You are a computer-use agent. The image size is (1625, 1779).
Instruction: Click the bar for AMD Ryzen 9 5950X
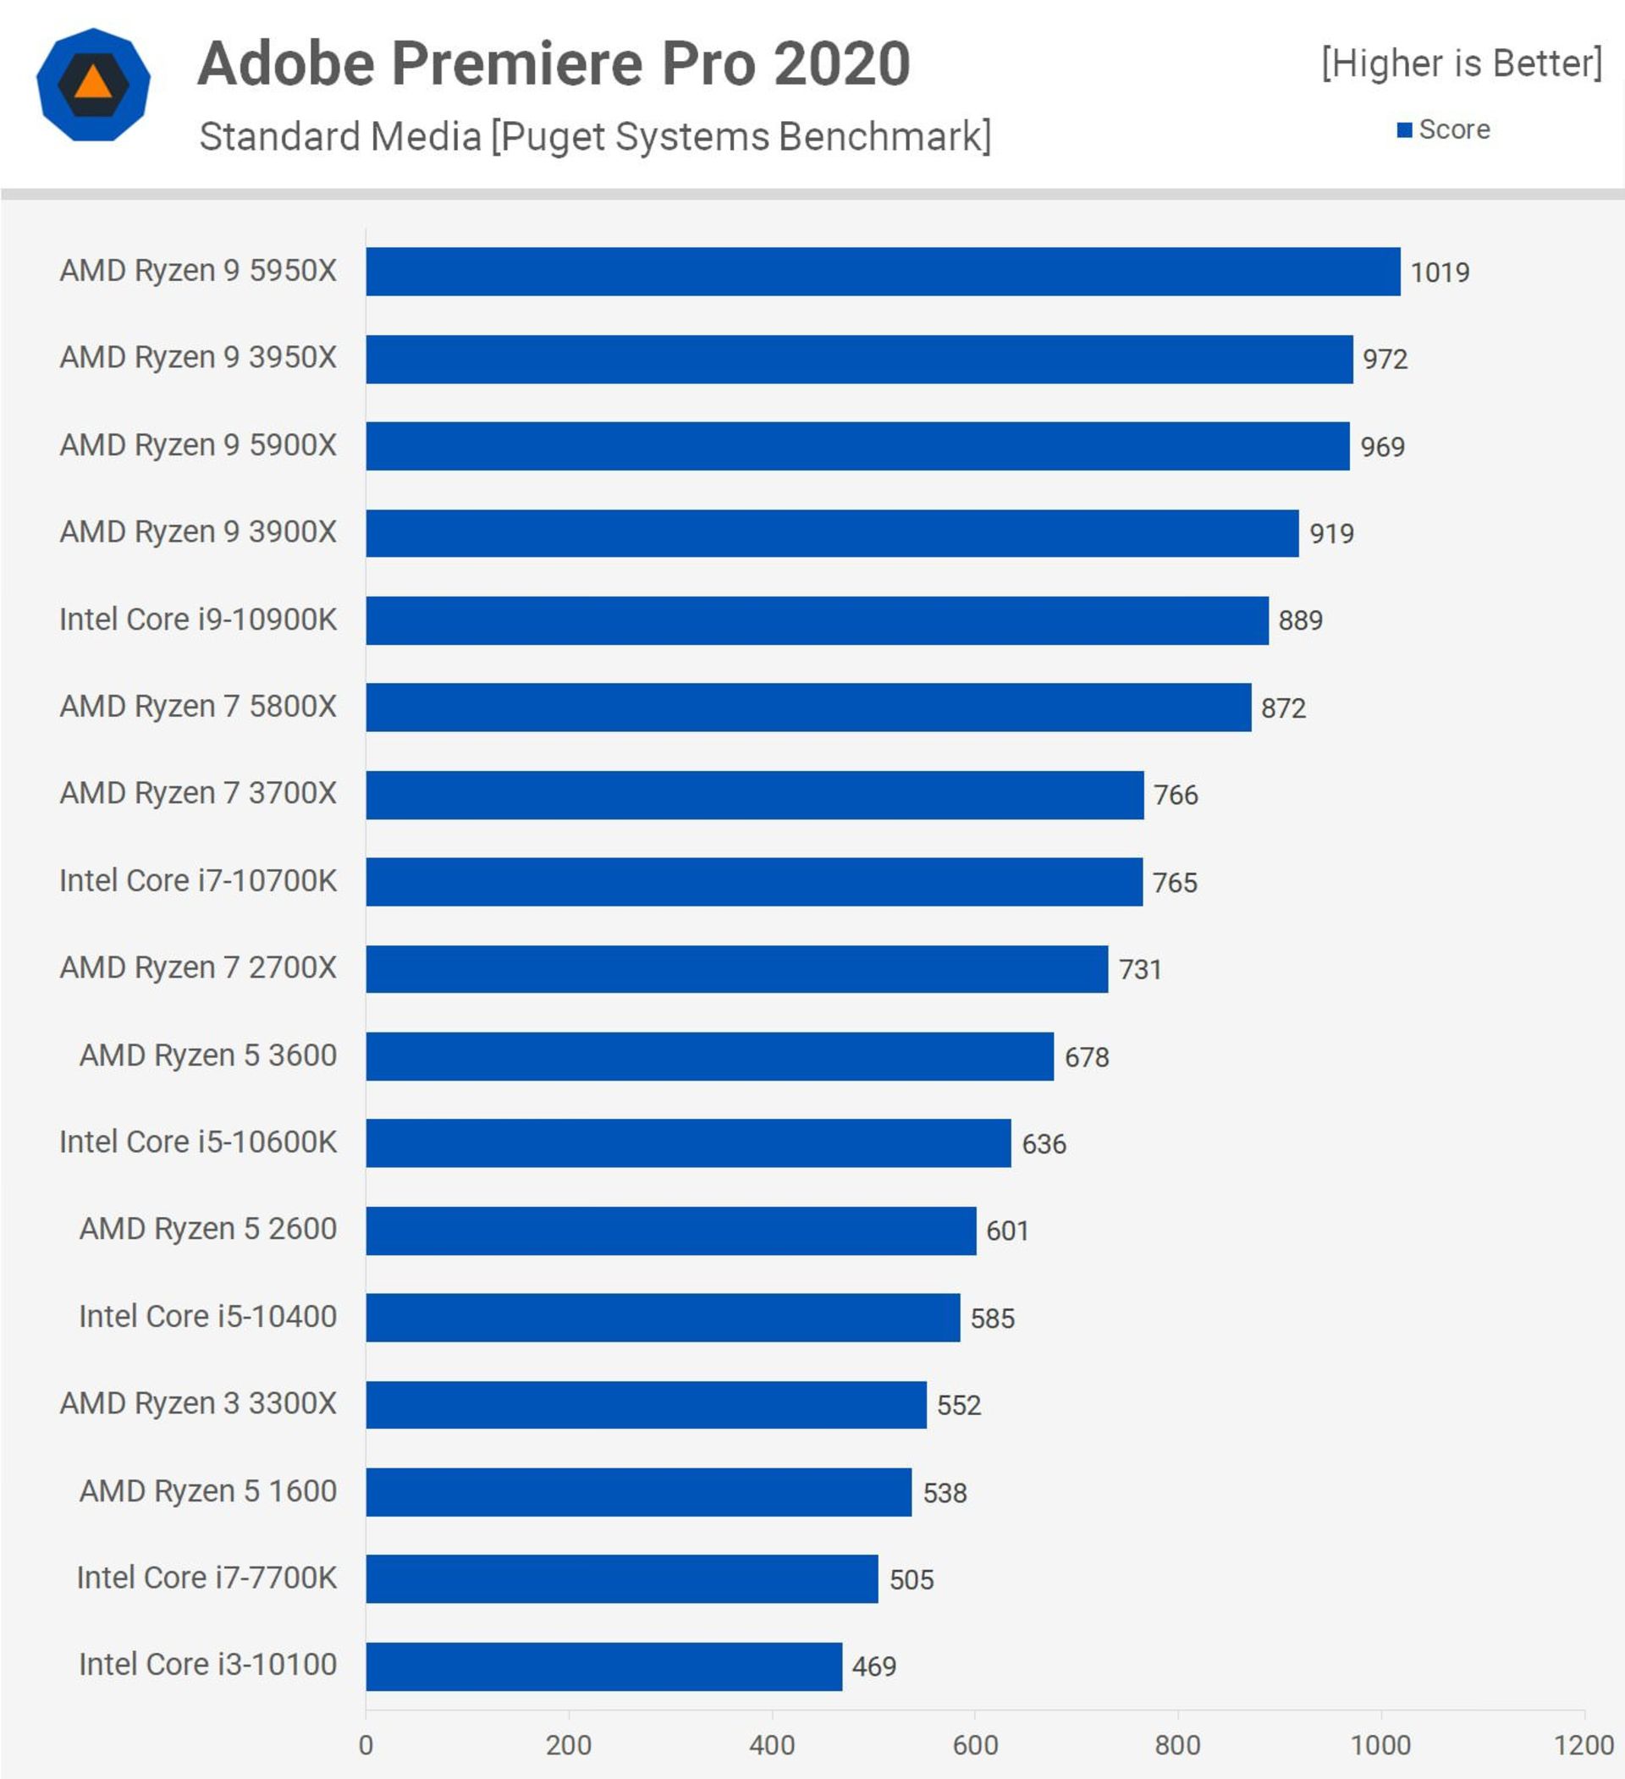point(883,271)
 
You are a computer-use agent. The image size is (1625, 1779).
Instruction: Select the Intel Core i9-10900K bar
point(817,620)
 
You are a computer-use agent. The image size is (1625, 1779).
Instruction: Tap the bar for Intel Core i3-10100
point(603,1666)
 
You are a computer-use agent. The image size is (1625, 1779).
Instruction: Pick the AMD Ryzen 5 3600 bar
point(710,1056)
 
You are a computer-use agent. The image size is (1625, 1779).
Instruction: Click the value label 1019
point(1440,273)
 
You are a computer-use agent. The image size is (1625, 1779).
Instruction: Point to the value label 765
point(1175,883)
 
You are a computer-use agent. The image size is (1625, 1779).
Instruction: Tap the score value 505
point(911,1579)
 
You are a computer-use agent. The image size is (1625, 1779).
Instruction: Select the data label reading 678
point(1087,1057)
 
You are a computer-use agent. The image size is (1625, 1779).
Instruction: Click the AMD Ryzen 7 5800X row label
point(198,707)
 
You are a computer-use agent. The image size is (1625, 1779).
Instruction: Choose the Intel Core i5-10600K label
point(198,1142)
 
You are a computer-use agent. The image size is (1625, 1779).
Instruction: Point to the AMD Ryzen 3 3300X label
point(198,1403)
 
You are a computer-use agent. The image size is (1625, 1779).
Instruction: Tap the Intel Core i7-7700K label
point(207,1578)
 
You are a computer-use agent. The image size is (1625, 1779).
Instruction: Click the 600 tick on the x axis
point(974,1744)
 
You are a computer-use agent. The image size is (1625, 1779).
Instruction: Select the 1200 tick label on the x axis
point(1584,1744)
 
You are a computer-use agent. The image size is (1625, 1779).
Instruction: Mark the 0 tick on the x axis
point(366,1744)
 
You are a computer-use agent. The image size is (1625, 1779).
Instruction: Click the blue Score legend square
point(1404,130)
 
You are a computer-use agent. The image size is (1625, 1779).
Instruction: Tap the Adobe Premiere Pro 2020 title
point(554,63)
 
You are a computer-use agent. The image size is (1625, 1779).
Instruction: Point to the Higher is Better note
point(1461,63)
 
